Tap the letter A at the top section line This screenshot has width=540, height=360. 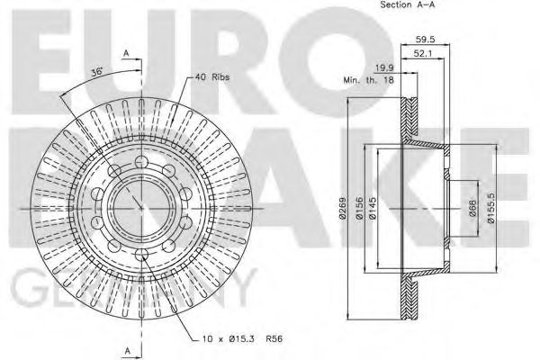[127, 52]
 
